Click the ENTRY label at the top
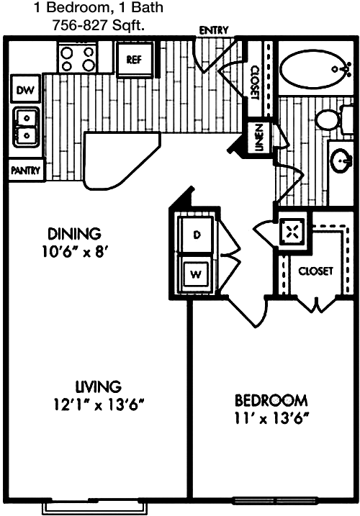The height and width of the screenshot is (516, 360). click(x=214, y=30)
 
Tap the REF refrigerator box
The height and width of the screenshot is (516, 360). click(x=135, y=59)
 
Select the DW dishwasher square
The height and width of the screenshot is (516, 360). click(x=25, y=90)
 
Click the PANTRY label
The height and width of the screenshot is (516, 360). click(x=25, y=171)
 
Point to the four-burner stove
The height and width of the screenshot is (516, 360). click(x=78, y=58)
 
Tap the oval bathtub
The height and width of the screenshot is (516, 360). click(x=315, y=69)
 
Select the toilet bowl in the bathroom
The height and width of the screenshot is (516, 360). click(x=328, y=119)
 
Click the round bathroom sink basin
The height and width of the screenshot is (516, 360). click(x=341, y=160)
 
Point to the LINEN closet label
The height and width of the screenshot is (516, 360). click(x=259, y=137)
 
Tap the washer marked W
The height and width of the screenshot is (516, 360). click(x=196, y=273)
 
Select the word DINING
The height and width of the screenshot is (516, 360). click(x=74, y=234)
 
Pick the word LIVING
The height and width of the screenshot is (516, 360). click(x=99, y=386)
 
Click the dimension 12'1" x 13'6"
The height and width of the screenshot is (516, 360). click(x=99, y=404)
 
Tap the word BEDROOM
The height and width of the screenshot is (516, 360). click(x=271, y=400)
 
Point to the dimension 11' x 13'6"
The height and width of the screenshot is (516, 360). click(x=271, y=419)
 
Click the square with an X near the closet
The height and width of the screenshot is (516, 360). click(x=290, y=231)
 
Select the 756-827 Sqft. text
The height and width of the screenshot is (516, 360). click(x=99, y=25)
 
